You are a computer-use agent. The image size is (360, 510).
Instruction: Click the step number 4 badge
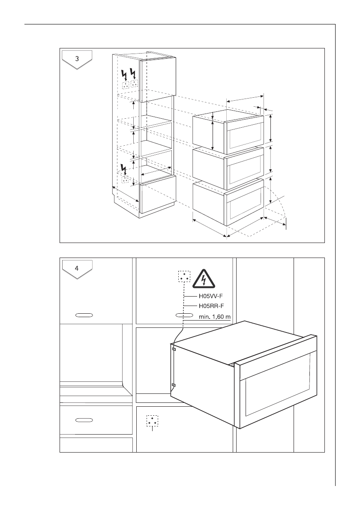77,269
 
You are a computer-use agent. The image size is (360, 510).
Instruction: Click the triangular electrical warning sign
204,279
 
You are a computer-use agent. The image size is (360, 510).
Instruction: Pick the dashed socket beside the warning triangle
184,276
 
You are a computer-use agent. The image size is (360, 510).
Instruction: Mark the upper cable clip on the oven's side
174,349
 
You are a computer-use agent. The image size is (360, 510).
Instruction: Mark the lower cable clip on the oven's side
174,385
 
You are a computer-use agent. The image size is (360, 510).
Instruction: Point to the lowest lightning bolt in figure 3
125,170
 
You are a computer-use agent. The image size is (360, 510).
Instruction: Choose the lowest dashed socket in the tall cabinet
126,179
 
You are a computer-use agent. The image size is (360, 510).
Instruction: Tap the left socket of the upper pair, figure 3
126,85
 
